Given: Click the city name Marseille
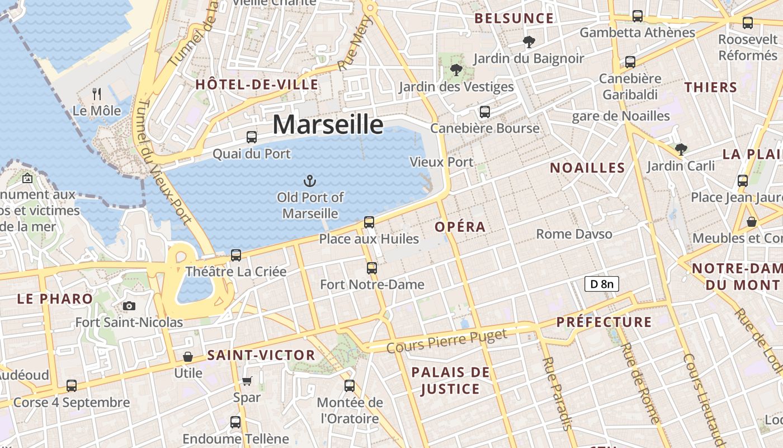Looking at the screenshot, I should tap(328, 124).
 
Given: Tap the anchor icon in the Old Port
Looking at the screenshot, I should tap(309, 180).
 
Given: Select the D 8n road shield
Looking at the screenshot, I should tap(601, 284).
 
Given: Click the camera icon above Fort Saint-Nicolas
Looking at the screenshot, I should tap(129, 306).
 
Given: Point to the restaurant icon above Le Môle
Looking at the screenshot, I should tap(97, 94).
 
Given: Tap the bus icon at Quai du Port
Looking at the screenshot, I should tap(252, 137).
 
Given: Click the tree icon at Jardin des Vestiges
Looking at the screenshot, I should tap(456, 70).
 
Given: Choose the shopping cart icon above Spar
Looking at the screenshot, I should tap(247, 381).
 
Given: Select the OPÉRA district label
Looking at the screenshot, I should tap(460, 227).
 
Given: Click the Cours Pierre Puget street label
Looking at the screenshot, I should tap(446, 341).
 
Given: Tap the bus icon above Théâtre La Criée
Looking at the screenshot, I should tap(236, 255).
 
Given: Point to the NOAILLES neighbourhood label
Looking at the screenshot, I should tap(587, 167).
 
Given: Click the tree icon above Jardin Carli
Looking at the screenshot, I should tap(681, 149).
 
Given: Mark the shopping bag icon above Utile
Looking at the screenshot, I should tap(188, 357).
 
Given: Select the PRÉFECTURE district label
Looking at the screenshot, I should tap(604, 322).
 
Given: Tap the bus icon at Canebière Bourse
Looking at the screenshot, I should tap(484, 112).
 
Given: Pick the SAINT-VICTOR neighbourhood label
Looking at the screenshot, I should tap(261, 355).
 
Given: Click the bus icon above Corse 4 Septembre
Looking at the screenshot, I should tap(71, 386).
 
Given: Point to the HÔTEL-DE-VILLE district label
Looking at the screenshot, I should tap(257, 85).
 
